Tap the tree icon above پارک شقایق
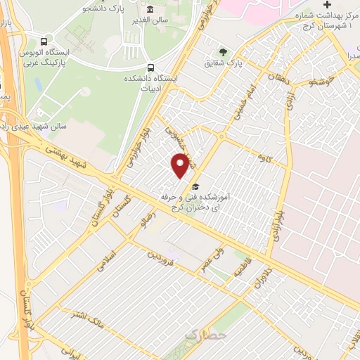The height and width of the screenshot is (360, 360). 224,51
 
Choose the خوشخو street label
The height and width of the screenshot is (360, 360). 311,82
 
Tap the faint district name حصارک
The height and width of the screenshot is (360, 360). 204,337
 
